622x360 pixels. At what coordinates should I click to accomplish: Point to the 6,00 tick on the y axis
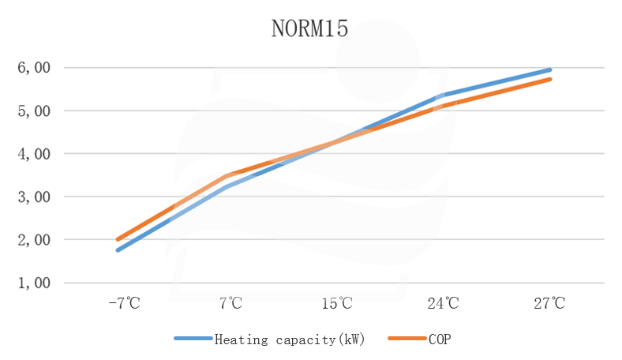point(34,68)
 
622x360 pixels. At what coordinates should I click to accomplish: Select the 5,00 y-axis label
point(34,111)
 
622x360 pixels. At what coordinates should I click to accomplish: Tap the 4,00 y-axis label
point(34,153)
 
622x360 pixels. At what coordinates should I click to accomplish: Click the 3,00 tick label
point(34,197)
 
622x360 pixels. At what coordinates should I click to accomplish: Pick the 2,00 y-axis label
point(34,239)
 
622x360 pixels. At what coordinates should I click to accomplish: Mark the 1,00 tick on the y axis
point(34,283)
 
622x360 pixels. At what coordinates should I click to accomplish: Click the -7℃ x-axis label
point(123,303)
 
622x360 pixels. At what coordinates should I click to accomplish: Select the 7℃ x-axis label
point(230,303)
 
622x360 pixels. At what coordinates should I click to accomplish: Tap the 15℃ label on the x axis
point(337,303)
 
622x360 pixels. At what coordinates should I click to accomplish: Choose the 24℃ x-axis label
point(444,303)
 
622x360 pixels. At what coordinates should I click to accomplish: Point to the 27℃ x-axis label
point(550,303)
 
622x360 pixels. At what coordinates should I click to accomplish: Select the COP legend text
point(440,339)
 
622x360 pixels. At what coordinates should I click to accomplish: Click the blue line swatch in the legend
point(193,339)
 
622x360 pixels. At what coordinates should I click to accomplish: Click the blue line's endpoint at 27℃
point(549,69)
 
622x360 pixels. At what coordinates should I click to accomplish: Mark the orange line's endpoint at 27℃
point(549,79)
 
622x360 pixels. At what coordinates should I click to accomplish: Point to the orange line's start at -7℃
point(118,239)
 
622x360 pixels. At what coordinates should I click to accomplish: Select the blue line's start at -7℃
point(118,250)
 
